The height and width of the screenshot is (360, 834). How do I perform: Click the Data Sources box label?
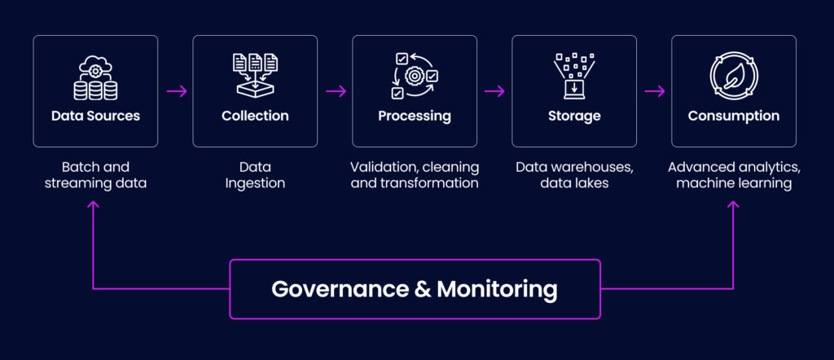[x=95, y=116]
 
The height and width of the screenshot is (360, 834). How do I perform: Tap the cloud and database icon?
[x=95, y=77]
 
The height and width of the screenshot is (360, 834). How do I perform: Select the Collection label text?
[x=255, y=116]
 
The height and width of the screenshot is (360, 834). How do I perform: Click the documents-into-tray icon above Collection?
[x=255, y=75]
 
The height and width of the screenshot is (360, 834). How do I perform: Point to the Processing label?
[x=415, y=116]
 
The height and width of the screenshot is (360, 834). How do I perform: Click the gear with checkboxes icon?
[x=415, y=76]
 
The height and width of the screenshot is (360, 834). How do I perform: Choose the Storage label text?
[x=574, y=116]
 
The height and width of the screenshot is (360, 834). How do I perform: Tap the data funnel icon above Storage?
[x=574, y=76]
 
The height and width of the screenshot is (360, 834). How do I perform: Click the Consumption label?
[x=734, y=116]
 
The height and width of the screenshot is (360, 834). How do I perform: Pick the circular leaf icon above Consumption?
[x=734, y=76]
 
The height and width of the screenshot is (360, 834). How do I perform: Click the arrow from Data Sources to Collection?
[x=176, y=91]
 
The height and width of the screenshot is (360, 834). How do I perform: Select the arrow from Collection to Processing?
[x=336, y=91]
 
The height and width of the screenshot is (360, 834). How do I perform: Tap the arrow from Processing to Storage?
[x=494, y=91]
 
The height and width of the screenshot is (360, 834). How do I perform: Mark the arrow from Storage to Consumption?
[x=654, y=91]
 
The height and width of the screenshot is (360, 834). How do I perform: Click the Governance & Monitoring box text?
[x=415, y=289]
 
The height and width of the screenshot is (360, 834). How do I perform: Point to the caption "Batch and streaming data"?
[x=95, y=175]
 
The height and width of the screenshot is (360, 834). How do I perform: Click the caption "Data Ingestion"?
[x=255, y=175]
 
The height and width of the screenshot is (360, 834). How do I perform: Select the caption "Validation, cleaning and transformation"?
[x=415, y=175]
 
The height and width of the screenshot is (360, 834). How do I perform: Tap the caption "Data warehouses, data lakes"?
[x=574, y=175]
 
